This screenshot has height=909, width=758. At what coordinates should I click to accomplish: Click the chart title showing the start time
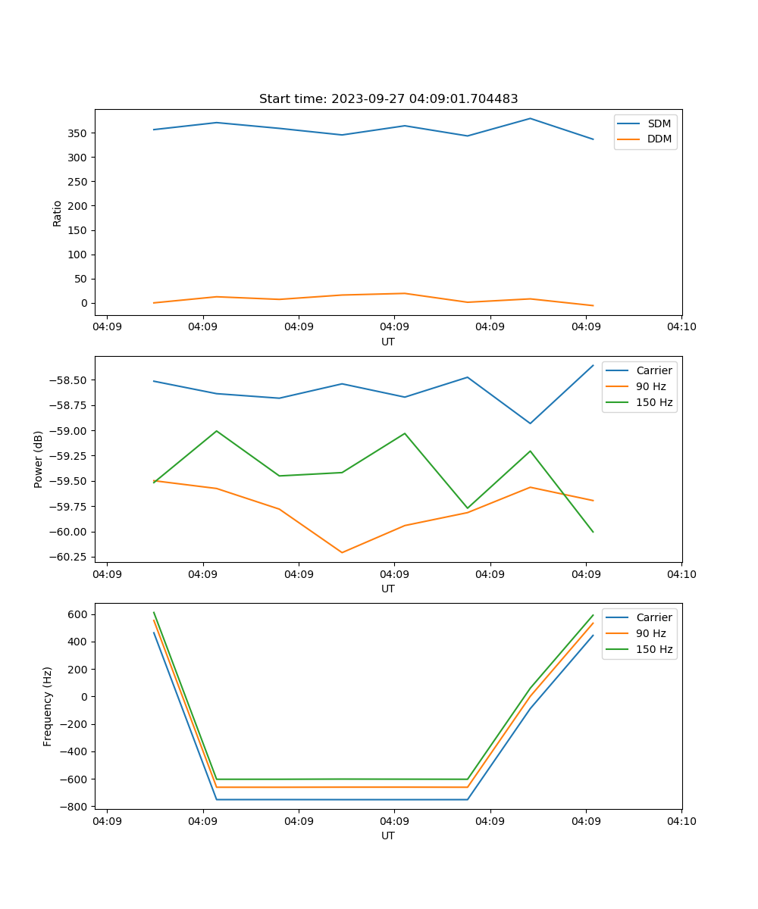[388, 99]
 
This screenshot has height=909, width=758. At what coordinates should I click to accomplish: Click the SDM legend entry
[659, 123]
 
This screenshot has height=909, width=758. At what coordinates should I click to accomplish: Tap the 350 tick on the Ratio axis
[79, 133]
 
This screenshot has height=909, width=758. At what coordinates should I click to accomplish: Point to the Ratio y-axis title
[58, 213]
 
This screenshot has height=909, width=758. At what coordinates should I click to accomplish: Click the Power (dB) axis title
[39, 459]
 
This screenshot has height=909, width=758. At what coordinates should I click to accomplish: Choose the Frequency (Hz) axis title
[48, 706]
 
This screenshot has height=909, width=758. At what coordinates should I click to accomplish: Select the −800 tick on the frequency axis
[74, 807]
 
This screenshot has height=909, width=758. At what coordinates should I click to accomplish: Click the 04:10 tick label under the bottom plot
[681, 820]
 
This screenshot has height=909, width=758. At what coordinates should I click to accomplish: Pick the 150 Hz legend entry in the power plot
[654, 402]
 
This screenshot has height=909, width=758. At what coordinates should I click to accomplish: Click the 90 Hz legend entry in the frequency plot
[650, 633]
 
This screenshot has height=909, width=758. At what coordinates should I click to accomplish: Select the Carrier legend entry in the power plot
[653, 370]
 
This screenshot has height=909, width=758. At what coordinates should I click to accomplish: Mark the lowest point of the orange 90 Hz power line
[342, 552]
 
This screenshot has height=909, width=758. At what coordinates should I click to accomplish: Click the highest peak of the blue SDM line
[531, 118]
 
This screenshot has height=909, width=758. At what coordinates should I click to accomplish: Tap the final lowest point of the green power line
[593, 532]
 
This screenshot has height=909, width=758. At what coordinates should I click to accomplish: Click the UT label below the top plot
[388, 342]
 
